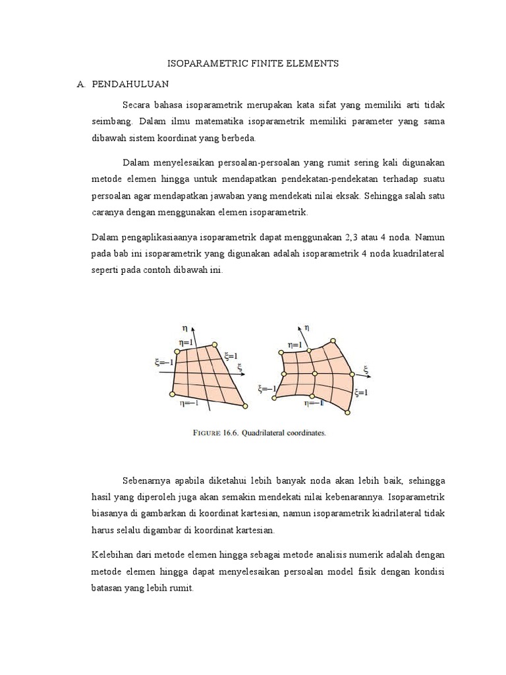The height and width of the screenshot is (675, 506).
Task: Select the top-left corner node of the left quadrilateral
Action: pos(177,352)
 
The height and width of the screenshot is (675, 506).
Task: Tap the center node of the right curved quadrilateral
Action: pos(314,374)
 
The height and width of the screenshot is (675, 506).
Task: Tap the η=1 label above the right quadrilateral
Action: pos(296,344)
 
